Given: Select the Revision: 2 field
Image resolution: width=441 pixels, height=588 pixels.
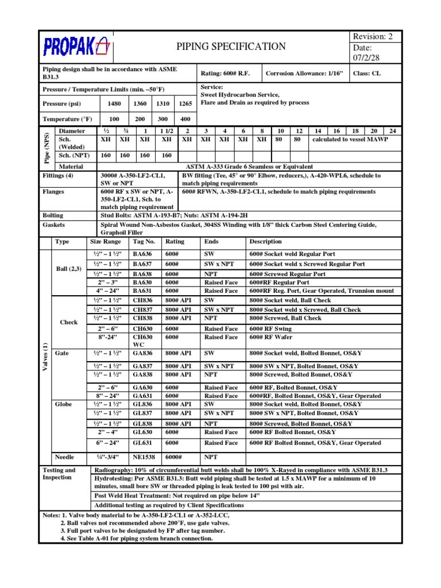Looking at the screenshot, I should click(374, 36).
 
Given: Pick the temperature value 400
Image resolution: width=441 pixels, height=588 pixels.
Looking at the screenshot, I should click(185, 119).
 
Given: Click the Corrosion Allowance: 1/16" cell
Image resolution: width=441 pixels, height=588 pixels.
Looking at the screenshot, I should click(304, 73).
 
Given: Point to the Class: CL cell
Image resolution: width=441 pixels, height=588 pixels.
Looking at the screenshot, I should click(367, 73).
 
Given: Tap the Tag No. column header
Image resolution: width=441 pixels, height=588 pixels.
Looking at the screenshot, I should click(144, 242).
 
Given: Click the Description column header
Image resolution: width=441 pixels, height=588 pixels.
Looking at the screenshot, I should click(266, 242).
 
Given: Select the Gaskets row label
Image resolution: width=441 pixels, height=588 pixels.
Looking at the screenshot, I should click(54, 225).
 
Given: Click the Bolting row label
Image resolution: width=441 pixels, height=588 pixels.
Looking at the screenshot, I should click(53, 215).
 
